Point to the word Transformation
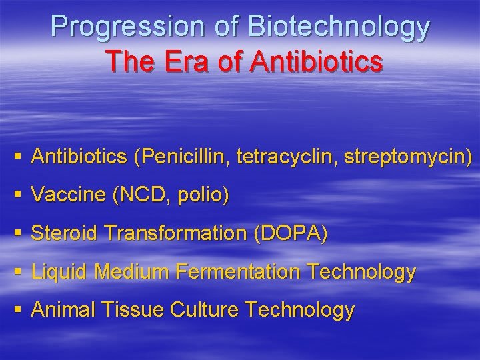pyautogui.click(x=179, y=233)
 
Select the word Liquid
pyautogui.click(x=61, y=271)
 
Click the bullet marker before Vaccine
pyautogui.click(x=18, y=195)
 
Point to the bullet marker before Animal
pyautogui.click(x=18, y=310)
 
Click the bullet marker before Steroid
pyautogui.click(x=18, y=233)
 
